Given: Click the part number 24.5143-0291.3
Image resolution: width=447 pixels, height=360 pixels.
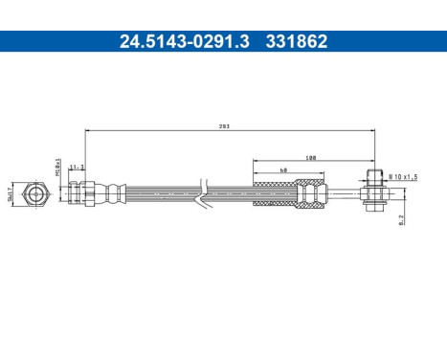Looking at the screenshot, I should pos(168,41).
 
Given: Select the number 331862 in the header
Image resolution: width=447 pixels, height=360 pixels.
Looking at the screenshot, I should pos(299,41).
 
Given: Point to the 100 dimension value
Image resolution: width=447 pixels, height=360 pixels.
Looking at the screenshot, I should pos(310,157).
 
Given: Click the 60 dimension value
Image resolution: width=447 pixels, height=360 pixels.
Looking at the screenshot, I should pos(284,169).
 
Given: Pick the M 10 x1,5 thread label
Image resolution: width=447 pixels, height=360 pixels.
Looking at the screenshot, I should pos(403,175).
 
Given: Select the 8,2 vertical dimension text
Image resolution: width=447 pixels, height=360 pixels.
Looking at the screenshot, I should pos(401,218).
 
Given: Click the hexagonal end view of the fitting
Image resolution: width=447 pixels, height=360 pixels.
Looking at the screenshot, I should pos(36,193).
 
